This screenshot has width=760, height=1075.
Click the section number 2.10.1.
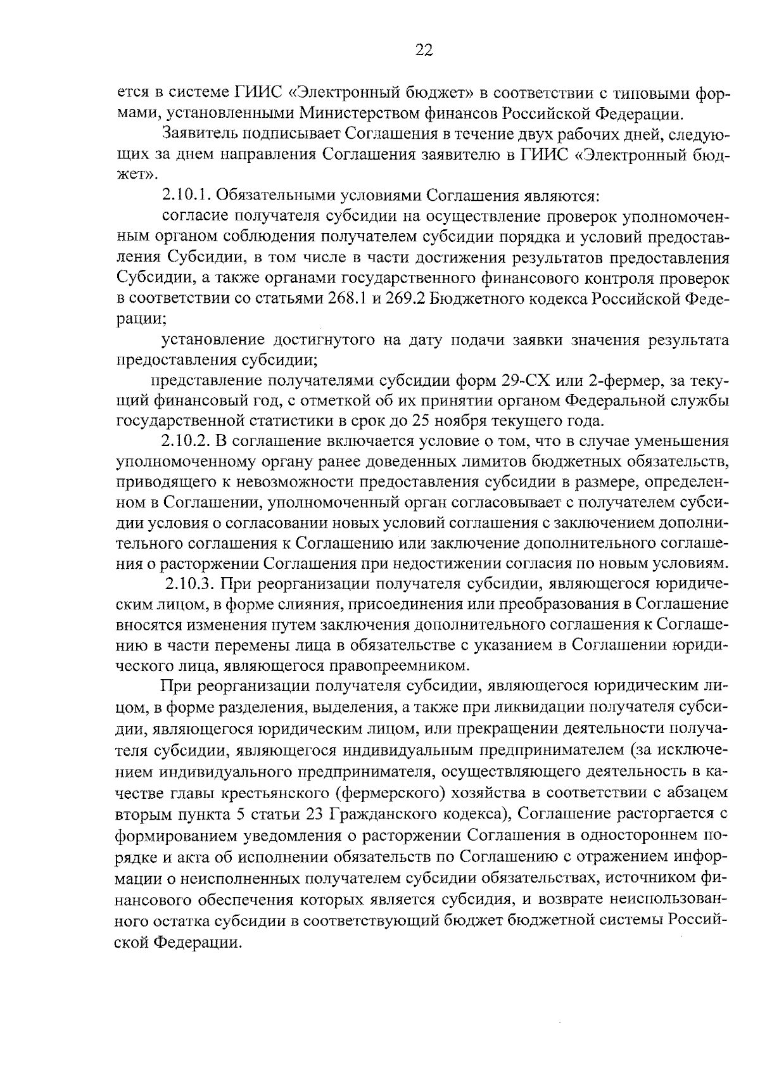click(x=186, y=194)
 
